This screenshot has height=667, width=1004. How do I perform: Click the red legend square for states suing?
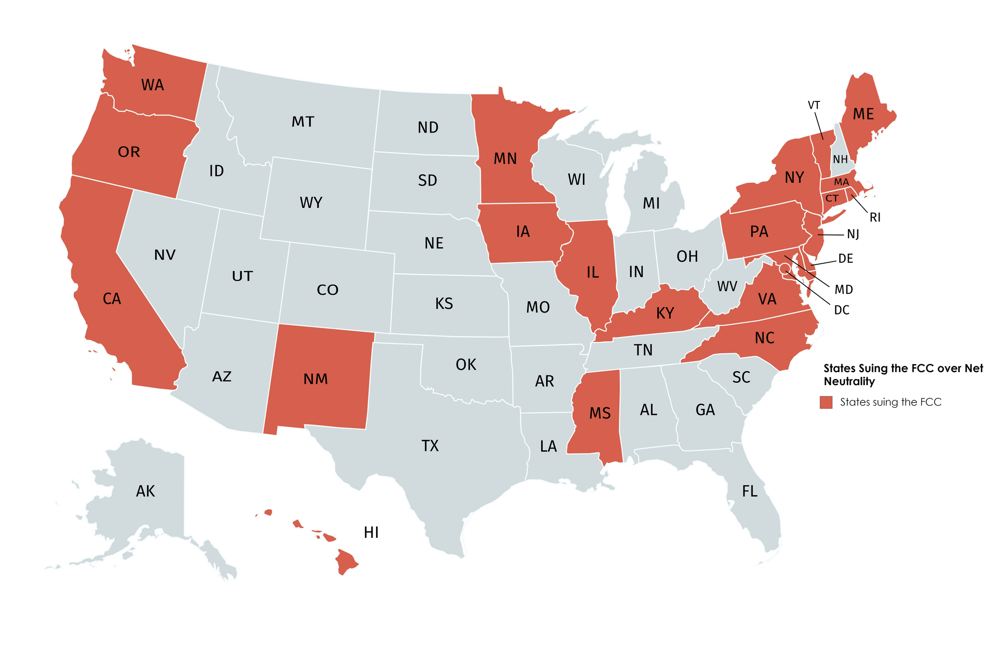[826, 402]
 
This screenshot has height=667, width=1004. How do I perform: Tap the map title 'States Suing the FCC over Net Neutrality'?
[903, 375]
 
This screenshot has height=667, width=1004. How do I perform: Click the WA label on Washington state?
[153, 85]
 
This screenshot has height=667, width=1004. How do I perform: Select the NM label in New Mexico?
[316, 379]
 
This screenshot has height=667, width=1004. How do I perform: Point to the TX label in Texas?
[430, 446]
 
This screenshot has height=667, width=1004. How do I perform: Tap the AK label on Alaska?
[146, 491]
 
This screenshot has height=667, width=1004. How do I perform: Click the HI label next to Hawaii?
[371, 532]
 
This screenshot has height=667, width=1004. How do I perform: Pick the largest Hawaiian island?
[346, 562]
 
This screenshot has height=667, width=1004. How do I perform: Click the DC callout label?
[842, 310]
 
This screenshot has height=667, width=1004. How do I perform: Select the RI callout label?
[875, 217]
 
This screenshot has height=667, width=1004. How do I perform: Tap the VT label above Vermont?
[814, 105]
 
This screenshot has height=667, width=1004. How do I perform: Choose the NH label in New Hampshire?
[840, 159]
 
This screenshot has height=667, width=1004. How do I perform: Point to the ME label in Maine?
[863, 114]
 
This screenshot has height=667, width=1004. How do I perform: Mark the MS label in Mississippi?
[600, 413]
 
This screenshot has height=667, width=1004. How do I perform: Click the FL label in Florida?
[749, 491]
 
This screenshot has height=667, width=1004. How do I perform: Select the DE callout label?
[846, 259]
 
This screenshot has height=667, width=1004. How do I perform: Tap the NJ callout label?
[853, 234]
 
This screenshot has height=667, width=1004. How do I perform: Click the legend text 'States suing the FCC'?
[891, 402]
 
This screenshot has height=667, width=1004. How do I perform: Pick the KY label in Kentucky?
[665, 313]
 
